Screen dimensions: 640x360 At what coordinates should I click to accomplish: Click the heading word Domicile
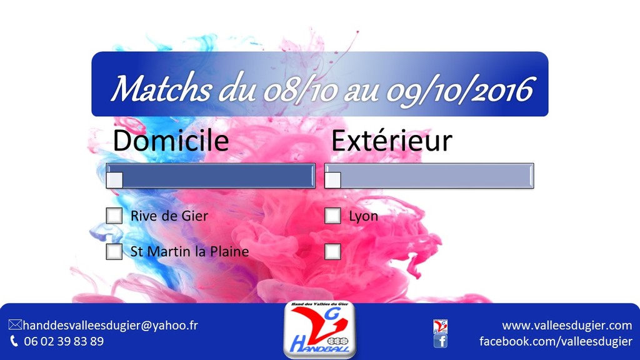pos(171,141)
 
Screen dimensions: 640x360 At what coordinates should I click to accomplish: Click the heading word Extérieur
pos(392,141)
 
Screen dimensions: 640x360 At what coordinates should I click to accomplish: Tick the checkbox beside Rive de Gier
pos(114,216)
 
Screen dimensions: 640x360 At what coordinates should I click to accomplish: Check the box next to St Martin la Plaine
pos(114,251)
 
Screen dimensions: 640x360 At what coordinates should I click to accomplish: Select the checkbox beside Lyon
pos(332,216)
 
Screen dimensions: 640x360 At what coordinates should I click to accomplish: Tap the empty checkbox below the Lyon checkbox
pos(332,251)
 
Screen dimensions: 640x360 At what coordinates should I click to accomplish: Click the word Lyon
pos(363,216)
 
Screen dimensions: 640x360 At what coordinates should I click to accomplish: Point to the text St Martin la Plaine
pos(189,251)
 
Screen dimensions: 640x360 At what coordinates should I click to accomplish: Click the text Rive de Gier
pos(169,216)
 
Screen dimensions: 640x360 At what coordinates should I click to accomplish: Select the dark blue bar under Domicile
pos(211,176)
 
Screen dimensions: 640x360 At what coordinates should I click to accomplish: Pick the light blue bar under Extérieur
pos(429,176)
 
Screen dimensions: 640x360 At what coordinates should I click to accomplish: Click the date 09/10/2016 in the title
pos(460,91)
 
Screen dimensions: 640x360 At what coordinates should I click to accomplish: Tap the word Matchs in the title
pos(161,89)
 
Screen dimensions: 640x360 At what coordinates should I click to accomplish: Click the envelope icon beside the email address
pos(15,325)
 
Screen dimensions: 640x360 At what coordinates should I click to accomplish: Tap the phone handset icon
pos(14,341)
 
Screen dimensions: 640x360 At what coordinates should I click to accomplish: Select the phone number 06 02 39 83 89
pos(64,341)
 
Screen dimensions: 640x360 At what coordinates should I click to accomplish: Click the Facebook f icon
pos(441,341)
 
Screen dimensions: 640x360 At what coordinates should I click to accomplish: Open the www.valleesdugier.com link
pos(567,325)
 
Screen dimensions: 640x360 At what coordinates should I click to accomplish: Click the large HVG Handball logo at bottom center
pos(319,330)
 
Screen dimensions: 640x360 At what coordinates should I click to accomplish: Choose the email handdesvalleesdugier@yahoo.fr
pos(110,325)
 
